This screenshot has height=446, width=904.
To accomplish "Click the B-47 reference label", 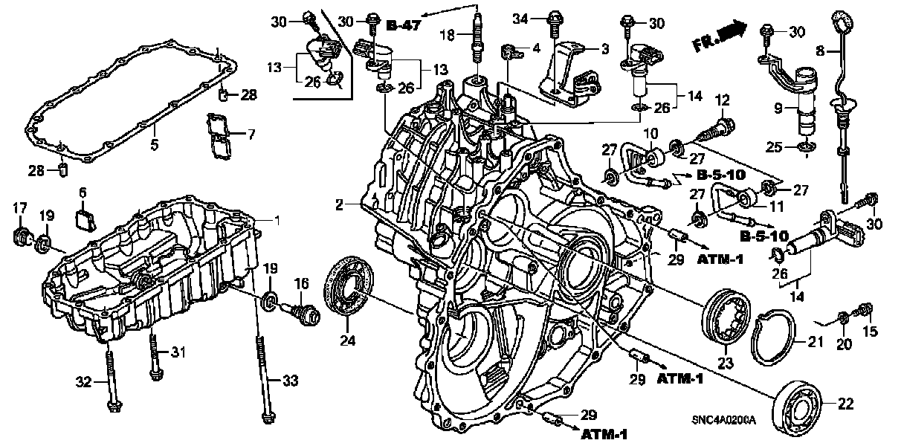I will (x=403, y=26).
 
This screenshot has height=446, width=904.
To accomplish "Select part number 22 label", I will (x=845, y=404).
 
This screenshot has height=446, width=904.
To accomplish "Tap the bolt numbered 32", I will (x=112, y=379).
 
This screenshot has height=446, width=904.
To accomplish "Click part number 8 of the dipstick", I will (x=821, y=51).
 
